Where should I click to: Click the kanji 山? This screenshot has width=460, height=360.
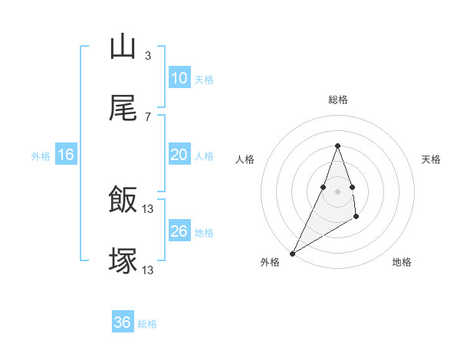(123, 47)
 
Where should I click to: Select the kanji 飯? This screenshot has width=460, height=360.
(123, 201)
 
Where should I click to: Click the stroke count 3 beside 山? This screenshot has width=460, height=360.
(148, 55)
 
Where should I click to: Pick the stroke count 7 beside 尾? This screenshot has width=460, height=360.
(148, 116)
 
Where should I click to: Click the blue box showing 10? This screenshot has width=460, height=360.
(179, 78)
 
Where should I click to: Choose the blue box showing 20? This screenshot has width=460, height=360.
(179, 155)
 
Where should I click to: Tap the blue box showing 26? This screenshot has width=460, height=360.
(179, 231)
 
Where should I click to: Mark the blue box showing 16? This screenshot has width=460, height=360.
(66, 155)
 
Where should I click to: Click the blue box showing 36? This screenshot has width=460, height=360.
(123, 322)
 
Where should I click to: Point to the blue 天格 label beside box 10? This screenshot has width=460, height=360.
(204, 80)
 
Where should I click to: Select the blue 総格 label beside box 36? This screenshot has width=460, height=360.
(147, 324)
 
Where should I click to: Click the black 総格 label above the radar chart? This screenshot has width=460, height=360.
(338, 100)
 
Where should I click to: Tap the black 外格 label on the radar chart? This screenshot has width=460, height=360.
(270, 262)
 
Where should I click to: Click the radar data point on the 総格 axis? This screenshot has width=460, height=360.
(338, 146)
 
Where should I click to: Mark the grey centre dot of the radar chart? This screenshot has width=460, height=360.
(338, 191)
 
